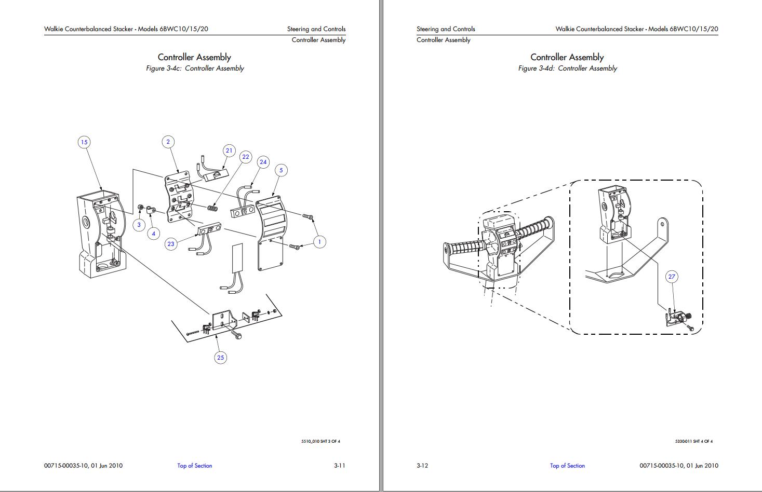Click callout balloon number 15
tap(84, 142)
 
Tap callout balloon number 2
tap(168, 142)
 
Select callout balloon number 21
tap(229, 151)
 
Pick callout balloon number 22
tap(246, 157)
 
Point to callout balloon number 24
tap(263, 162)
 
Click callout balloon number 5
tap(281, 170)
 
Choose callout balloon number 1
tap(319, 242)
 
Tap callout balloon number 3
tap(139, 225)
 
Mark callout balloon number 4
tap(153, 234)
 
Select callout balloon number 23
tap(171, 244)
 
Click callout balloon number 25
tap(221, 357)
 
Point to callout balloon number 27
tap(672, 277)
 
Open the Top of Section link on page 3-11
tap(195, 466)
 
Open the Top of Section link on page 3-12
tap(567, 466)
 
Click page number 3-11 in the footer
tap(339, 466)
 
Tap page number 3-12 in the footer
tap(422, 466)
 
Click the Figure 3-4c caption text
tap(195, 68)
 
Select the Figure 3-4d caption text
tap(567, 68)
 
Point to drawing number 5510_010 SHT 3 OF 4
tap(320, 442)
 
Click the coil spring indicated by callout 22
tap(212, 208)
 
